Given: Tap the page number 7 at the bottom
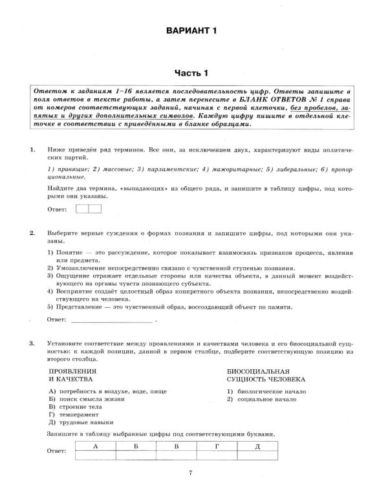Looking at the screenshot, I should pyautogui.click(x=191, y=473).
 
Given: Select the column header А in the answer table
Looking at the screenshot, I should pyautogui.click(x=96, y=446).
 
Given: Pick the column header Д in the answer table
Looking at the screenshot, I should pyautogui.click(x=257, y=446).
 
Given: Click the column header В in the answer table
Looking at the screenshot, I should pyautogui.click(x=177, y=446).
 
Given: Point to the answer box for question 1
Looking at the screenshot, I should pyautogui.click(x=89, y=209).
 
